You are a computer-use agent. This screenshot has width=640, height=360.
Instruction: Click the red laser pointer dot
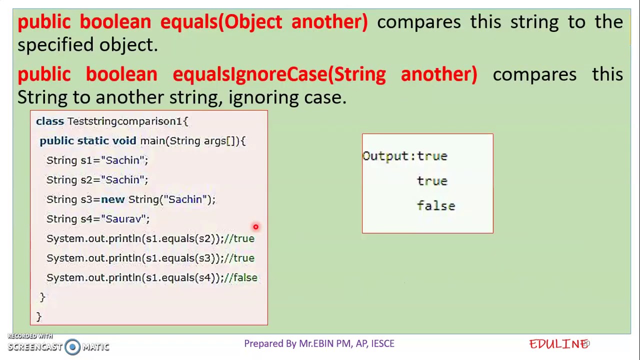click(255, 227)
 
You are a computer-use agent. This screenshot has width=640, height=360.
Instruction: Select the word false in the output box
click(436, 205)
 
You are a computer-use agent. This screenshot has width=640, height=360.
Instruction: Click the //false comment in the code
click(241, 277)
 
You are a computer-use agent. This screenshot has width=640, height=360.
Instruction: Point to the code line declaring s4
click(97, 219)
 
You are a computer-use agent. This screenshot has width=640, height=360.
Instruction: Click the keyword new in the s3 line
click(113, 199)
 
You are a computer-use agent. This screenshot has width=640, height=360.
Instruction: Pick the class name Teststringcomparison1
click(127, 121)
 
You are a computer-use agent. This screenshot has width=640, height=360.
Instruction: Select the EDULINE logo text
click(558, 344)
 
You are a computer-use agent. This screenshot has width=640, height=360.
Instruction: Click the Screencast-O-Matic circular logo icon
click(72, 346)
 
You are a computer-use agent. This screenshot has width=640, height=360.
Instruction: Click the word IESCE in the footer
click(382, 343)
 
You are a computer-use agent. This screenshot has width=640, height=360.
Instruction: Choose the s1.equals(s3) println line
click(150, 258)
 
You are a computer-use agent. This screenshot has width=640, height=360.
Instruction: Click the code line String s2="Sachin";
click(97, 180)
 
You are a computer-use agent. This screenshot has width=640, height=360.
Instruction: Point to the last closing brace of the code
click(39, 316)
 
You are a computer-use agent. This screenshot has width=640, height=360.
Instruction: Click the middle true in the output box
click(432, 181)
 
